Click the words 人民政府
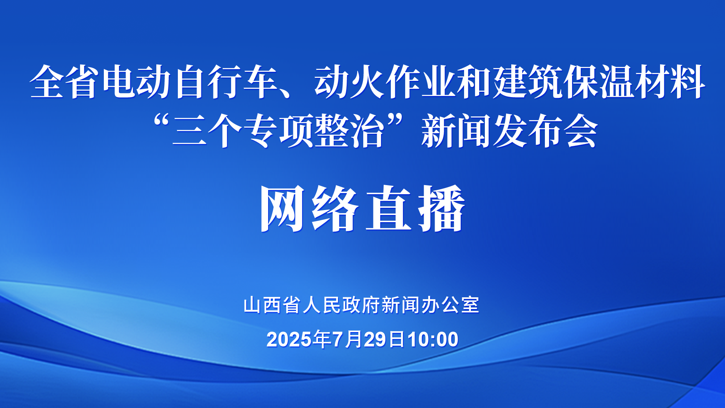(341, 305)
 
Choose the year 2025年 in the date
(299, 339)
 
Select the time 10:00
(433, 339)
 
